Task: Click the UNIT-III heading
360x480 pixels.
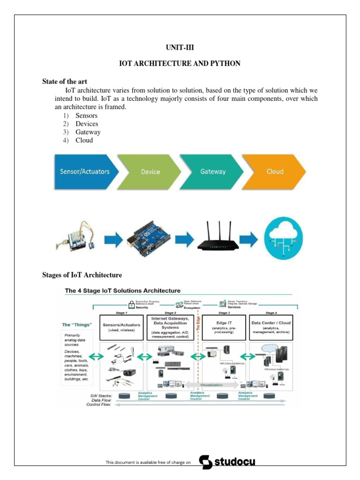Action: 180,47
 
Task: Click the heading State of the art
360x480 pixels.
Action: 65,82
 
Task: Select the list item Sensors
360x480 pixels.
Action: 86,115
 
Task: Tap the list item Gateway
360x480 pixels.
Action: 88,132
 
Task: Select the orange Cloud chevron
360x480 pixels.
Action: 274,171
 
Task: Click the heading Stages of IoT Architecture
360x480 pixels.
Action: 82,275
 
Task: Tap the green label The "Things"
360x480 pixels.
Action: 77,324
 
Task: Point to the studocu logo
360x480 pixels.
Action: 227,462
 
